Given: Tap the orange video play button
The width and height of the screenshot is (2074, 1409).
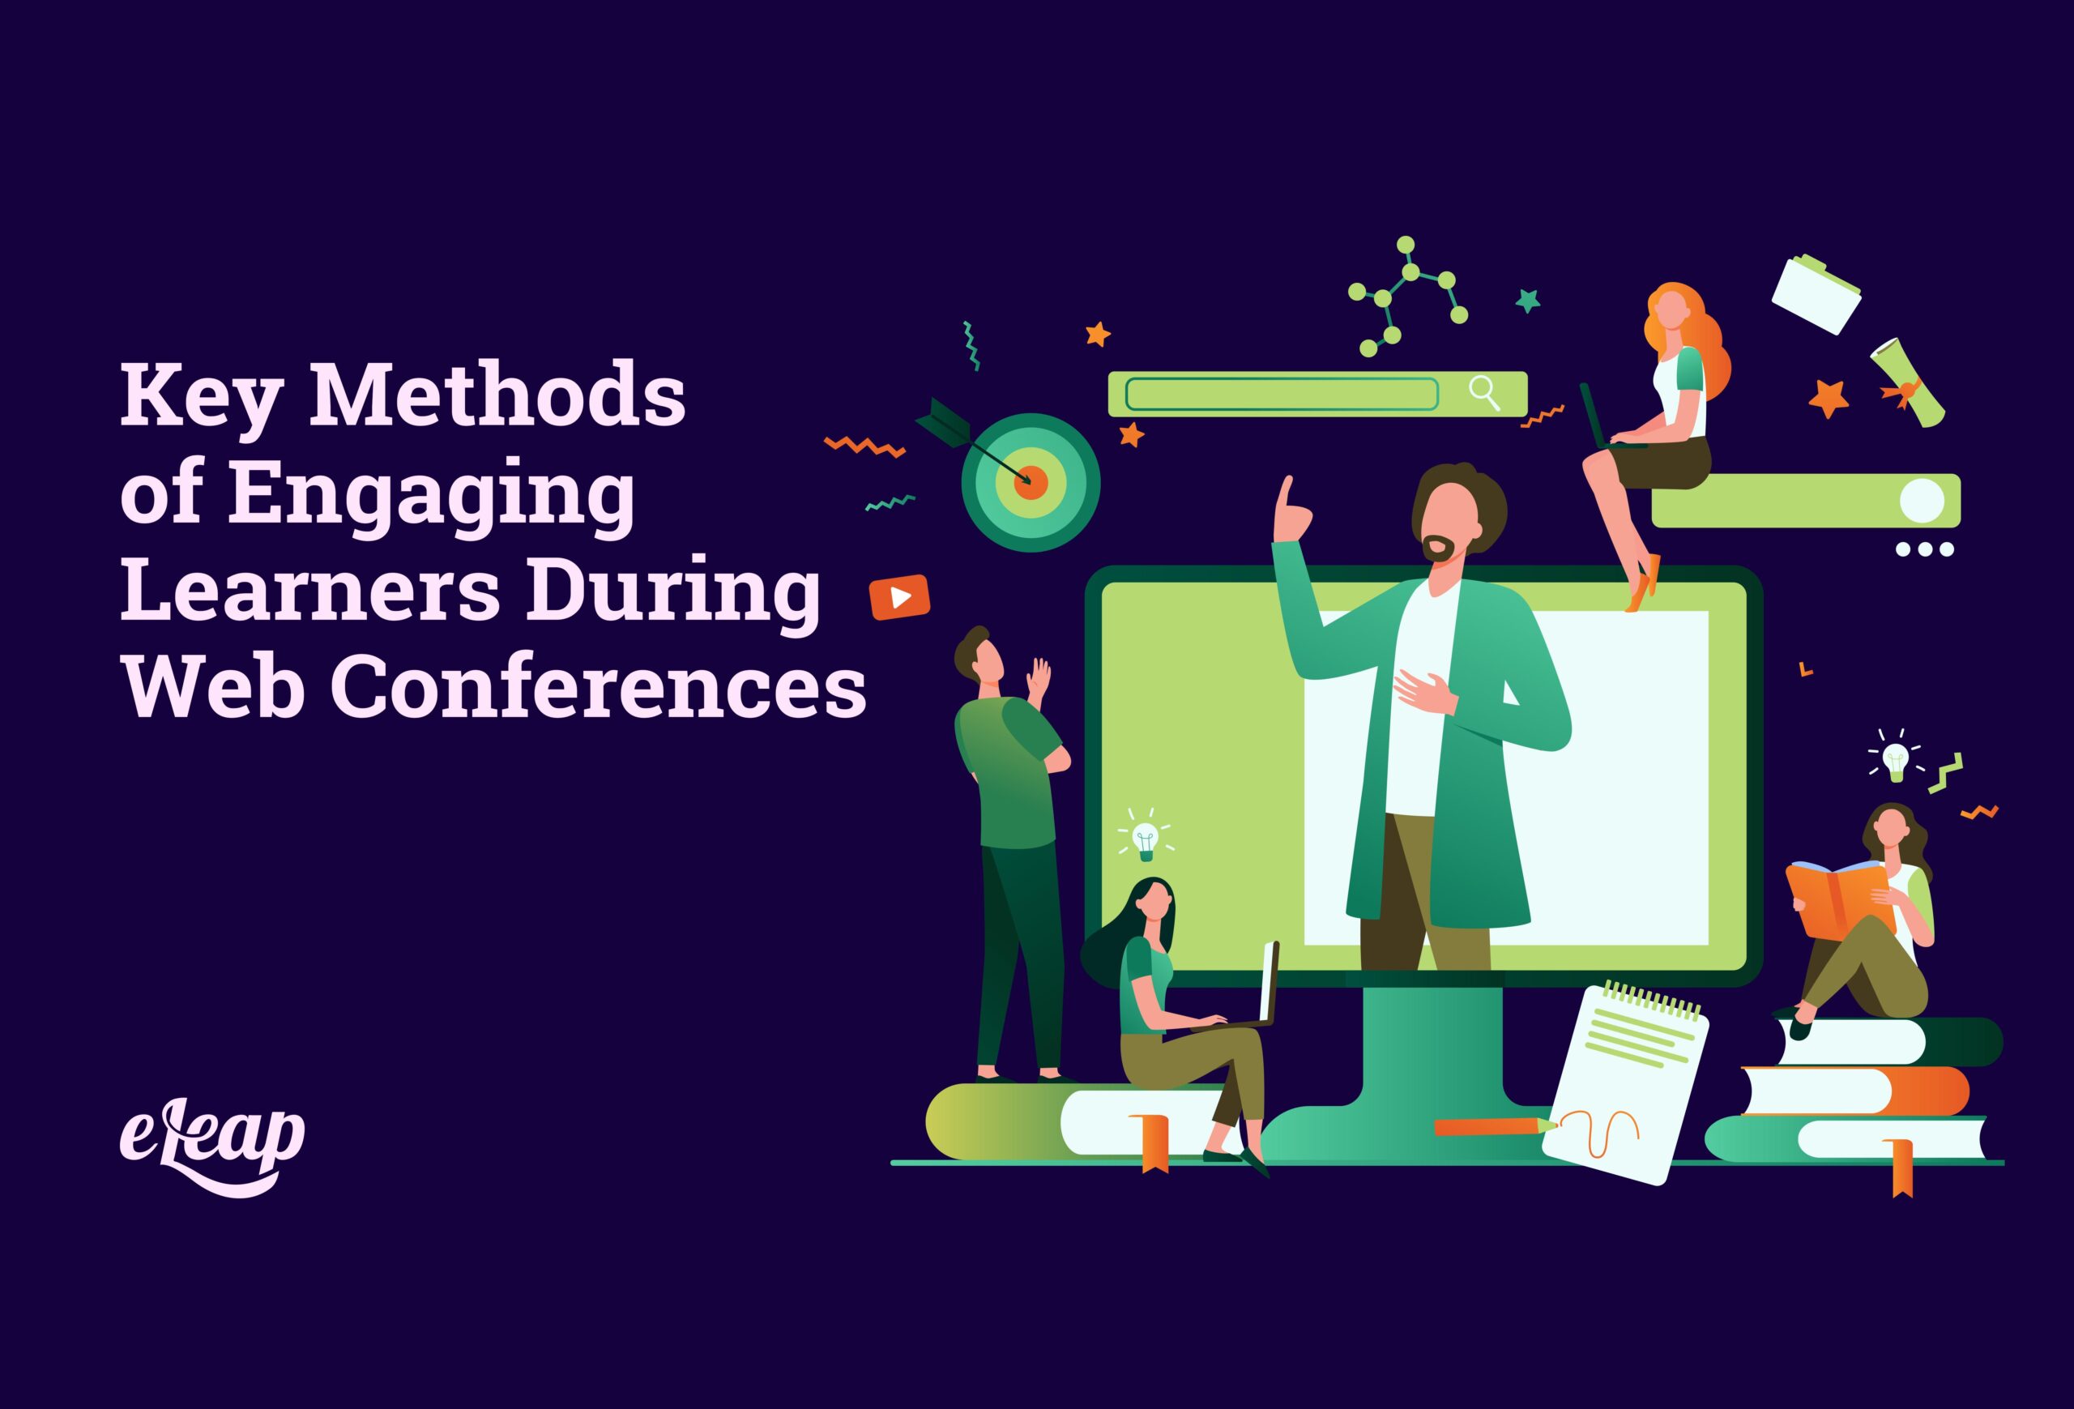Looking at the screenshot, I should pyautogui.click(x=899, y=597).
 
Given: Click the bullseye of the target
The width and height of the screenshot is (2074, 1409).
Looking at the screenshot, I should pyautogui.click(x=1031, y=482).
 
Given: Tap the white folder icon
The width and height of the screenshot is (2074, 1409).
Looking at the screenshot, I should pyautogui.click(x=1816, y=294).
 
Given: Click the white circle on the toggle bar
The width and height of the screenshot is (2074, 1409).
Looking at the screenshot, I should pyautogui.click(x=1922, y=501).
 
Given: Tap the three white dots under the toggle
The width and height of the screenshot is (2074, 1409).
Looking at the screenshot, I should pyautogui.click(x=1925, y=549).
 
